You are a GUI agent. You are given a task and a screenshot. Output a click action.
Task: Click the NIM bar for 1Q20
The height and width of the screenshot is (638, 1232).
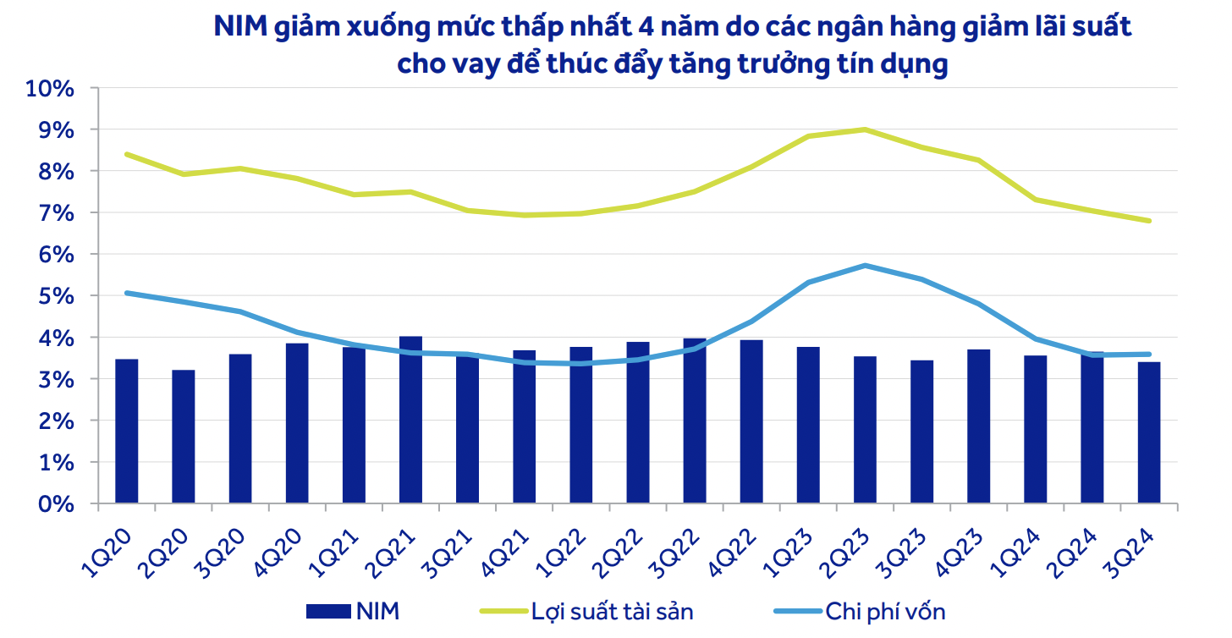coord(127,432)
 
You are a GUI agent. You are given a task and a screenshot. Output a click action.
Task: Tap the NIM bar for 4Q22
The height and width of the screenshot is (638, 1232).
coord(751,422)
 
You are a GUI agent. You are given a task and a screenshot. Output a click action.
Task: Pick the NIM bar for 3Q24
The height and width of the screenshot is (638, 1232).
coord(1148,433)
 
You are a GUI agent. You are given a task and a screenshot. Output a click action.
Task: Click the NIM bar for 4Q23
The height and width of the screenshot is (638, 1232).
coord(978,426)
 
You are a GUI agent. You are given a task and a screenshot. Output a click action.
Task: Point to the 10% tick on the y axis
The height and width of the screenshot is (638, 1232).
coord(52,88)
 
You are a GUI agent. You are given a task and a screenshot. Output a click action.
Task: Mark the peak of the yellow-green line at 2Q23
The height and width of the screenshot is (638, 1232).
coord(865,129)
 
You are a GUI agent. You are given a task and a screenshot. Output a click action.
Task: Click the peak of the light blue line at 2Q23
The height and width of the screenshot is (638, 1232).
coord(865,266)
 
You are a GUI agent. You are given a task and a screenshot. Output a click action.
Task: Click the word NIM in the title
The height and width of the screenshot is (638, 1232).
coord(239,29)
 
